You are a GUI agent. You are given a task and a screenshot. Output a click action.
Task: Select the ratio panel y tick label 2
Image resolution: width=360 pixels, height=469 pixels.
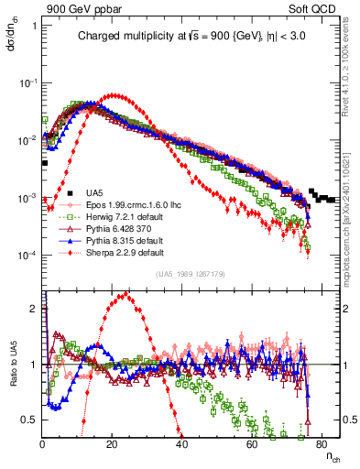point(35,309)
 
